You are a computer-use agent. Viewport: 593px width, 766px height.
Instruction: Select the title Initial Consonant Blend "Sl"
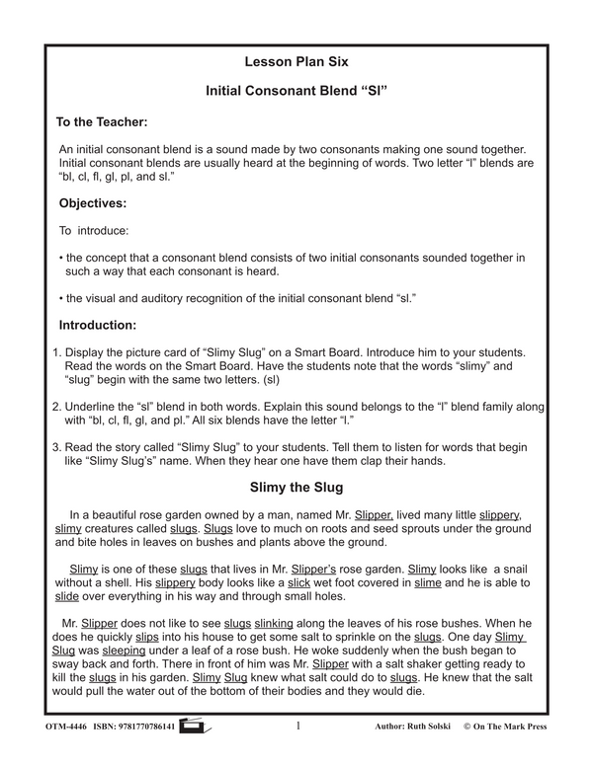point(297,90)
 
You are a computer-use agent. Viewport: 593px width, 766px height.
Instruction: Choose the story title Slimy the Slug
point(297,487)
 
